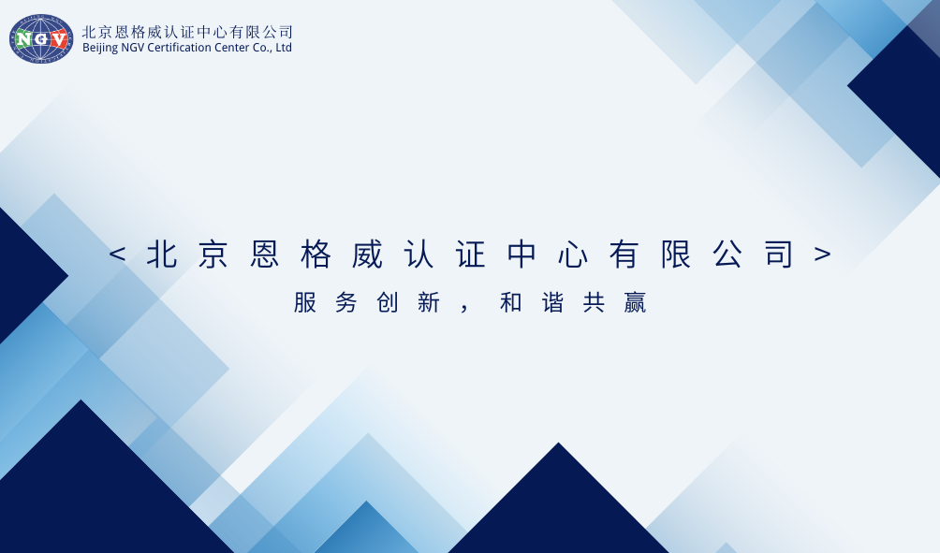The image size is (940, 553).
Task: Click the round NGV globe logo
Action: [x=41, y=38]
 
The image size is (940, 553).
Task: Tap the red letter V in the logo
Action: [x=59, y=39]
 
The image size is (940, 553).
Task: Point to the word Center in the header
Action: [x=233, y=48]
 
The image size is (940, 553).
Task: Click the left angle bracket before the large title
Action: [x=117, y=255]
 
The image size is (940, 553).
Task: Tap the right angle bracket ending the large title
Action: [x=823, y=255]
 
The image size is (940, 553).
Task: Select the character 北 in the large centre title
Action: [x=162, y=255]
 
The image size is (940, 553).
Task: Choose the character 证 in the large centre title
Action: [x=471, y=255]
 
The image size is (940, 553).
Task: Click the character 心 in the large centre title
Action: [x=574, y=255]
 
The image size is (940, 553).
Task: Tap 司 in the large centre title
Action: [x=779, y=255]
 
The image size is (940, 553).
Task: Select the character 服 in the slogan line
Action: [x=305, y=303]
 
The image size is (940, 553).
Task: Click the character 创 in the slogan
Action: [x=388, y=303]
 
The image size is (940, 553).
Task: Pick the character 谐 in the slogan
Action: [x=552, y=303]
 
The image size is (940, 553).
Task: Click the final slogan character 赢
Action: [x=635, y=303]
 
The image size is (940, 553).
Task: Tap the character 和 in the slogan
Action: [x=511, y=303]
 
